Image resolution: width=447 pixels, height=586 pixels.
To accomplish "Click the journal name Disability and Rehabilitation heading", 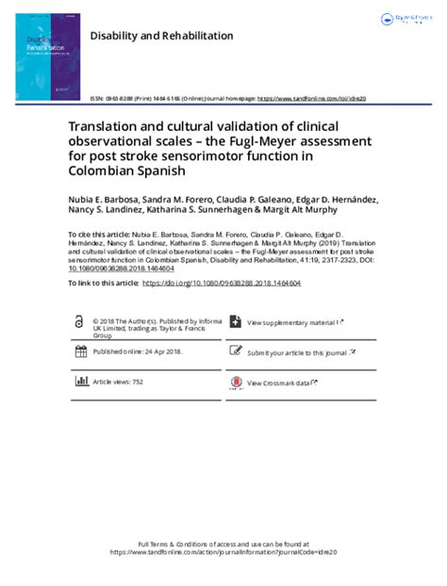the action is pyautogui.click(x=160, y=36).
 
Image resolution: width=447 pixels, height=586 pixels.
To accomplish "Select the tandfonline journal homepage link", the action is pyautogui.click(x=311, y=98).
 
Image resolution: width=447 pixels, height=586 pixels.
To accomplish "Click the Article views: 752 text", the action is pyautogui.click(x=117, y=382).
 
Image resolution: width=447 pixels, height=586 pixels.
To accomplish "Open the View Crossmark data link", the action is pyautogui.click(x=280, y=383).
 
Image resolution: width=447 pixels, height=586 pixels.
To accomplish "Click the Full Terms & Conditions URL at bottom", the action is pyautogui.click(x=223, y=552).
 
